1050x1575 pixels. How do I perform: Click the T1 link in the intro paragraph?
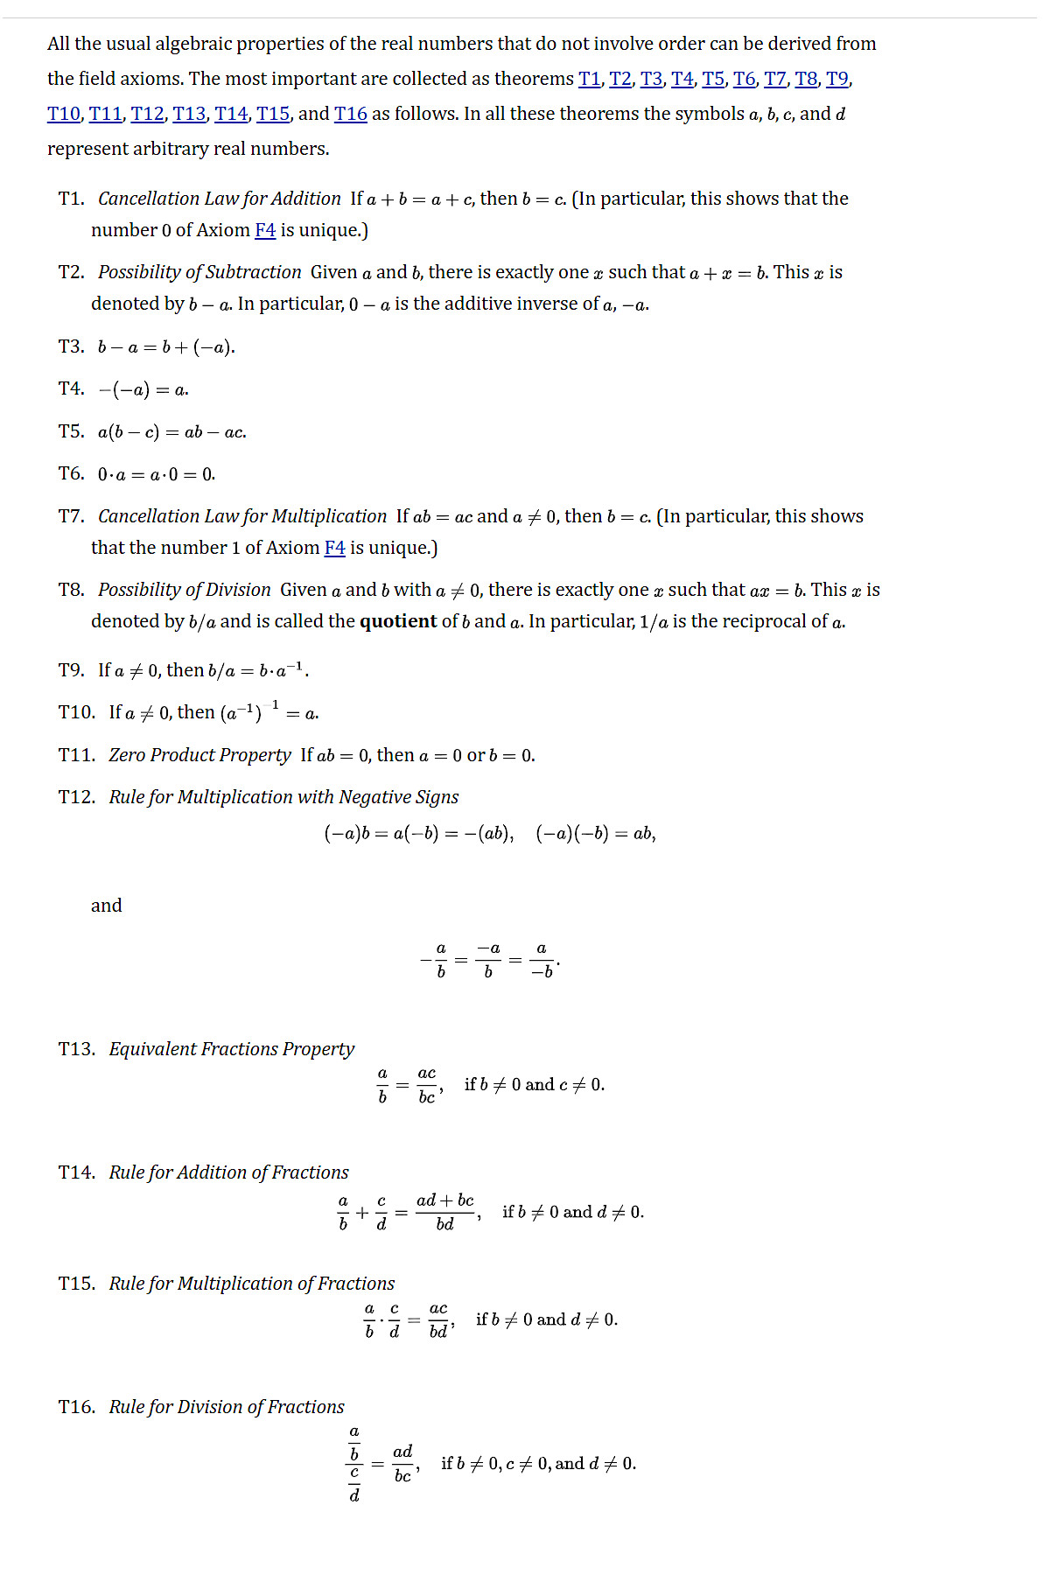click(589, 79)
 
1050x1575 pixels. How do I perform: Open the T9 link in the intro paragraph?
click(836, 79)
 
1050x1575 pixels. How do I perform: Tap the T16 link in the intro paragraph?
click(350, 114)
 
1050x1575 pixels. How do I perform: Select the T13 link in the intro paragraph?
click(189, 114)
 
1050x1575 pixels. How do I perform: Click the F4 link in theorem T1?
click(265, 230)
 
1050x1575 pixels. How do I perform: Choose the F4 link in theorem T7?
click(334, 548)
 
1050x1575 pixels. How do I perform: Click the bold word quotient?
click(398, 621)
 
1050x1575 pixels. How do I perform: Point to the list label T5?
click(71, 431)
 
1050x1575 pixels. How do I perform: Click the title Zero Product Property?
click(199, 755)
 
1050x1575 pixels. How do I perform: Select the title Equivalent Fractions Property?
click(231, 1049)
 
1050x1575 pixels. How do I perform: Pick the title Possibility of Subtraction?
click(199, 272)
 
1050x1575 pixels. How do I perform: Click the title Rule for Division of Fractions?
click(227, 1407)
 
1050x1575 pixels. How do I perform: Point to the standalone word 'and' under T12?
click(107, 906)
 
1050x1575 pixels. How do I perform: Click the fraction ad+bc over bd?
click(445, 1212)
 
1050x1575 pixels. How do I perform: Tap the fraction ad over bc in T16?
click(402, 1464)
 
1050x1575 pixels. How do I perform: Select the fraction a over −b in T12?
click(542, 960)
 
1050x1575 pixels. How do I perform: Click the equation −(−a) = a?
click(143, 389)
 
